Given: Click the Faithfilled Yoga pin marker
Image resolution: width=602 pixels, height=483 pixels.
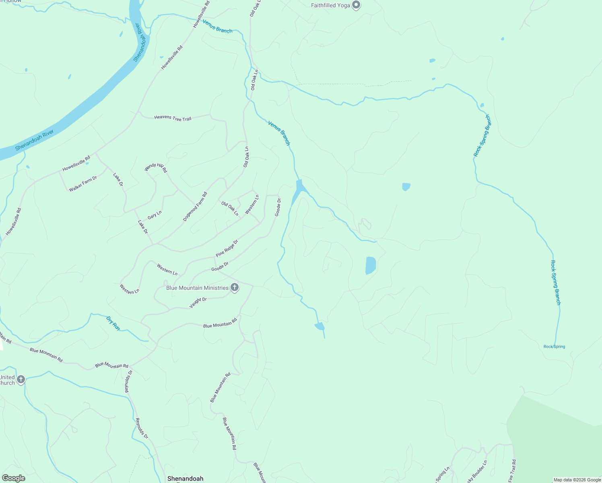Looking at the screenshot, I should [356, 5].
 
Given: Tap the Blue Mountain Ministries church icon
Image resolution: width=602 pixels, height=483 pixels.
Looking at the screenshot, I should [235, 287].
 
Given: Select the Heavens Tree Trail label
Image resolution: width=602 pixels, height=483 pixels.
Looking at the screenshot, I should [173, 118].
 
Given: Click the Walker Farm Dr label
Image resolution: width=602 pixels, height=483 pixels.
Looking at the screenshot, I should [83, 184].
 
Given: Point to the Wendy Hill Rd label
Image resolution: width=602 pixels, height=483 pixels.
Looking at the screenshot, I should [156, 167].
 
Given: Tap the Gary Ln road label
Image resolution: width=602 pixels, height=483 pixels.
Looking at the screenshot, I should [155, 215].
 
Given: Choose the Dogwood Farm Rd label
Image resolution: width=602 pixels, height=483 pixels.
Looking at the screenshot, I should [195, 206].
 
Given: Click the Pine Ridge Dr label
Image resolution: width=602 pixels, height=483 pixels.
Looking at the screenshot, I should [227, 248].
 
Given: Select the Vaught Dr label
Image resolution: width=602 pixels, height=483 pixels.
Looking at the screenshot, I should [198, 302].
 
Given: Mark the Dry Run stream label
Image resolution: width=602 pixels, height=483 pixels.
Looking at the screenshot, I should [113, 323].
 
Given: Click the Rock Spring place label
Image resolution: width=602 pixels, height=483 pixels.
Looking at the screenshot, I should [554, 347].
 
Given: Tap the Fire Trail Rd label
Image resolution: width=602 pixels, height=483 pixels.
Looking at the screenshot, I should [512, 471].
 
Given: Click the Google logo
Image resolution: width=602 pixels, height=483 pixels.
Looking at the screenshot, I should [13, 478].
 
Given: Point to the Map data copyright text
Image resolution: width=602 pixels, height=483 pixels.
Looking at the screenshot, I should [577, 480].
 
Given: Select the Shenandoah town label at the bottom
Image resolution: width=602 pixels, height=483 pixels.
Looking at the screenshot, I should [185, 479].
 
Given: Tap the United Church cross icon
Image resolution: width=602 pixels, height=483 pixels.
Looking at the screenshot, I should [21, 379].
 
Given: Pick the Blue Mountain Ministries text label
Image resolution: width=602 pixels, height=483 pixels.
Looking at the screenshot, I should [197, 288].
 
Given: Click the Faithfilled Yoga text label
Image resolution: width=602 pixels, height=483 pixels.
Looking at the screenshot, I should [330, 5].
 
